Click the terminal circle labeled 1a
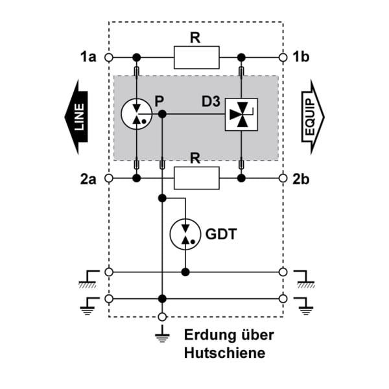pos(109,58)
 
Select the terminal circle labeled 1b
pos(283,58)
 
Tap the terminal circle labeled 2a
pos(109,178)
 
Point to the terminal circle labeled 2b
pos(283,178)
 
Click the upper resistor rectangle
pos(196,58)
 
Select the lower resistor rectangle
pos(196,178)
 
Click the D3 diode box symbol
pos(241,114)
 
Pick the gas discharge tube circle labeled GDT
pos(185,234)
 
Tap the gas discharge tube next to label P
pos(136,114)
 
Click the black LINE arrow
pos(77,117)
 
